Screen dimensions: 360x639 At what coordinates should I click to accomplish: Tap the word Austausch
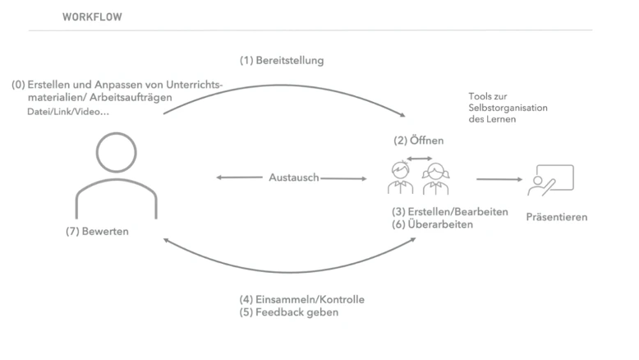point(294,178)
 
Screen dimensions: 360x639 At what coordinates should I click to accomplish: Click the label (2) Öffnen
point(419,141)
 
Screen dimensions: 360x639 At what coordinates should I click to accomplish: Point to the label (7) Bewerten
point(97,231)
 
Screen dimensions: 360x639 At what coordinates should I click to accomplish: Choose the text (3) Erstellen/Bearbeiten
point(450,212)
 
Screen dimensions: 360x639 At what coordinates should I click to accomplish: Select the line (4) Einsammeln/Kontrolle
point(301,300)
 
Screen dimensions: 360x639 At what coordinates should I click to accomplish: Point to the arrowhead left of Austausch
point(218,178)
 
